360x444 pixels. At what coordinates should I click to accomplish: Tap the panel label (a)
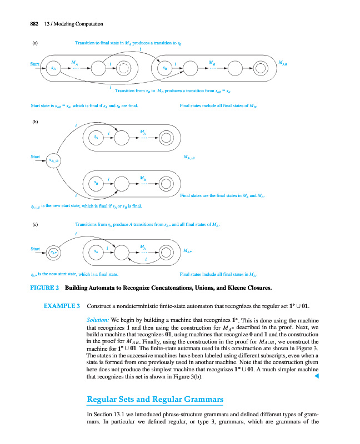pyautogui.click(x=34, y=42)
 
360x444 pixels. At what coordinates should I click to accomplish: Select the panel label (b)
pyautogui.click(x=34, y=118)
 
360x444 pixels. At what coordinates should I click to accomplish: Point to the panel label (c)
pyautogui.click(x=34, y=225)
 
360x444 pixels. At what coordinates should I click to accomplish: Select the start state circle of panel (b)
pyautogui.click(x=54, y=161)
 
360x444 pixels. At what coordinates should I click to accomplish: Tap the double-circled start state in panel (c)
pyautogui.click(x=53, y=253)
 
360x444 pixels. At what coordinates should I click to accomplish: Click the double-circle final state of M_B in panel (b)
pyautogui.click(x=167, y=183)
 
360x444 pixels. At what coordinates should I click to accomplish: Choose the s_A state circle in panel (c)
pyautogui.click(x=97, y=253)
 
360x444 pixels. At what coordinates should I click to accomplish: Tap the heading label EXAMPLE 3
pyautogui.click(x=62, y=306)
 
